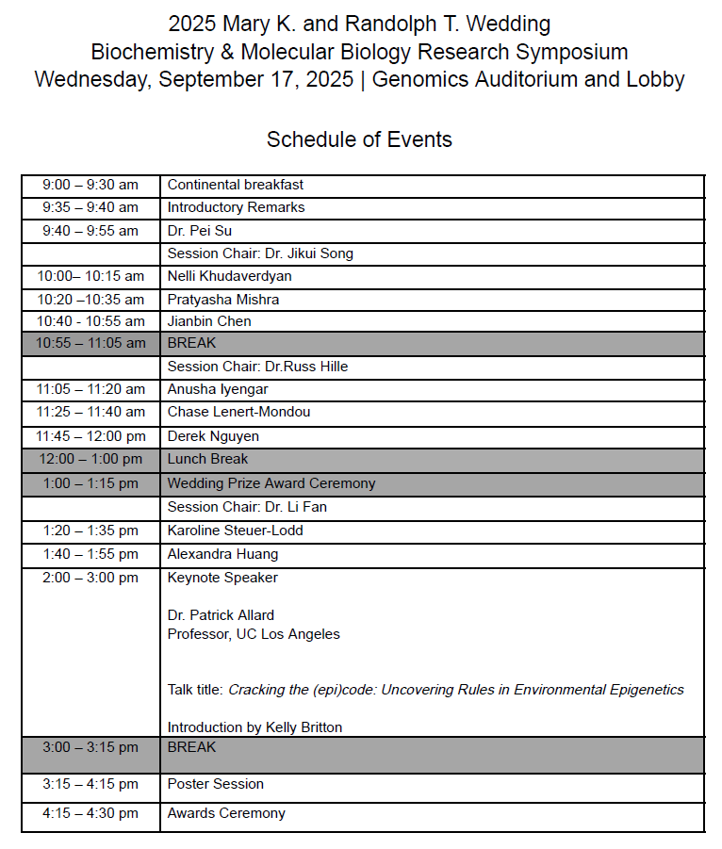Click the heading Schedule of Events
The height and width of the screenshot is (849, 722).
pos(359,140)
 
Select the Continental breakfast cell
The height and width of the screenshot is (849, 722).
pos(236,186)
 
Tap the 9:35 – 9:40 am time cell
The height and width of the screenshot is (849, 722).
pos(90,208)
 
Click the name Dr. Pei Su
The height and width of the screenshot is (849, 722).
pos(200,231)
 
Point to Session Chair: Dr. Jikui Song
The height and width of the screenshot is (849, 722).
pos(260,253)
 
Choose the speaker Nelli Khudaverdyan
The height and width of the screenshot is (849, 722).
pos(229,276)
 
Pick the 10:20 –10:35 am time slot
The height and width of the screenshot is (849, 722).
pos(90,300)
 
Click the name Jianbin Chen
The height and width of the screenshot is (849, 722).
pos(209,321)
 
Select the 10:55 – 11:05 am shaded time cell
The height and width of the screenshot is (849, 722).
pos(90,344)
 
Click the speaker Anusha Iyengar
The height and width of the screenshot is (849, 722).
pos(218,389)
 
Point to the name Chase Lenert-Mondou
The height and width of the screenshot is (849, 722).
pos(238,412)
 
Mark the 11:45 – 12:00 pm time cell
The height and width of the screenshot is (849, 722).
pos(90,436)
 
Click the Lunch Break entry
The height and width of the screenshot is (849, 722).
pos(208,459)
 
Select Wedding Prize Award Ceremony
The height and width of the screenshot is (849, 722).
pos(271,483)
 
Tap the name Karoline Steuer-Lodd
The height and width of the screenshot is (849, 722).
pos(236,531)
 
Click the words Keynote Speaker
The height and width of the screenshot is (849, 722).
pos(222,578)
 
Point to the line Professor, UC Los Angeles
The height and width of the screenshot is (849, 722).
pos(254,634)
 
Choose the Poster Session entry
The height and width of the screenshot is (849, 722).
pos(216,784)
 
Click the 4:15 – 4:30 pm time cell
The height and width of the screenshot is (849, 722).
pos(90,813)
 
